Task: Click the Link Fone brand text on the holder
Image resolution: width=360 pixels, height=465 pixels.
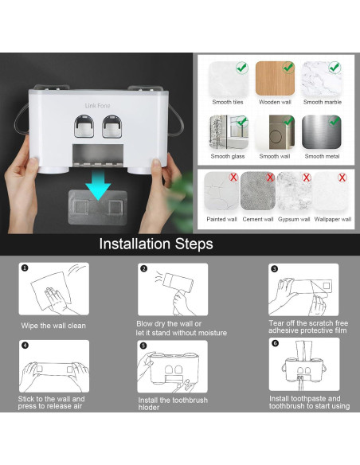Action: tap(97, 106)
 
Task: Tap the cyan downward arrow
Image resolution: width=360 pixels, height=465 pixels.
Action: tap(98, 185)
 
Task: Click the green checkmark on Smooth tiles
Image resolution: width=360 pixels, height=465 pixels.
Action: tap(242, 68)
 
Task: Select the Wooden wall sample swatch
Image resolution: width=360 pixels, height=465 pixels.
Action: tap(275, 78)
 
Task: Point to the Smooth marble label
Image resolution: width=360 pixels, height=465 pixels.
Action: tap(323, 102)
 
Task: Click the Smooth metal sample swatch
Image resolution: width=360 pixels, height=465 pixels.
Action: tap(322, 132)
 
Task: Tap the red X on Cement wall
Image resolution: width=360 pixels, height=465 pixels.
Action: tap(270, 178)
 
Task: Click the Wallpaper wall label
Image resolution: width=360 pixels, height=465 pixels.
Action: tap(333, 219)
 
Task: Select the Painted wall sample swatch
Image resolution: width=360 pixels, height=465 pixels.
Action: tap(221, 191)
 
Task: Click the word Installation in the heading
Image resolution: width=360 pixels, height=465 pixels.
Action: tap(135, 244)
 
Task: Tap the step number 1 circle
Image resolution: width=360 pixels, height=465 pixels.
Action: tap(25, 268)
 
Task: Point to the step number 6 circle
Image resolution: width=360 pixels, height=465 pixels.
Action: tap(276, 343)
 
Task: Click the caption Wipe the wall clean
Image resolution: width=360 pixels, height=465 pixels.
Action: tap(53, 326)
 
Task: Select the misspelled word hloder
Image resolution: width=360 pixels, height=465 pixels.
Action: tap(149, 408)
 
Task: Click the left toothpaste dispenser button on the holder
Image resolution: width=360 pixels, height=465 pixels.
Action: tap(84, 127)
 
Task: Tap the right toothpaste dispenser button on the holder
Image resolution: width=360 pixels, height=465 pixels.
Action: tap(112, 127)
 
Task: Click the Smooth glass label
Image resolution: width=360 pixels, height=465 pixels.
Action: tap(228, 156)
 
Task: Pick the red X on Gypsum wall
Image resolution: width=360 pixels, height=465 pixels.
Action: tap(306, 178)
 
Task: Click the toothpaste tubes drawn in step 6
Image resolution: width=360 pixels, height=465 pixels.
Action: tap(304, 350)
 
